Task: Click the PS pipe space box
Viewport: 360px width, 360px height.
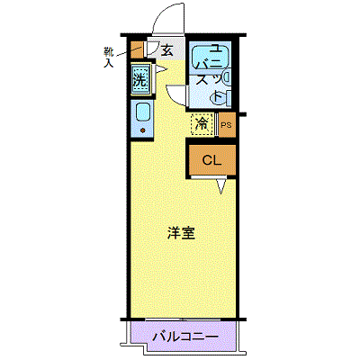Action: pos(226,126)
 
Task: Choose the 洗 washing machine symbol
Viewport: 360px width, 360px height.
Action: pos(140,78)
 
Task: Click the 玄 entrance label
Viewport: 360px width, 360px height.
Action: pos(167,50)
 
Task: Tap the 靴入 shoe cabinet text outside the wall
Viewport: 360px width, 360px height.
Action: pos(109,57)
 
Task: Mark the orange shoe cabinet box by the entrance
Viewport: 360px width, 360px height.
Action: pos(137,49)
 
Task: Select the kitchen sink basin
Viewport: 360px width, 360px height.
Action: pos(141,112)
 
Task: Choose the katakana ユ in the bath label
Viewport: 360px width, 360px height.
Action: pos(214,49)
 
